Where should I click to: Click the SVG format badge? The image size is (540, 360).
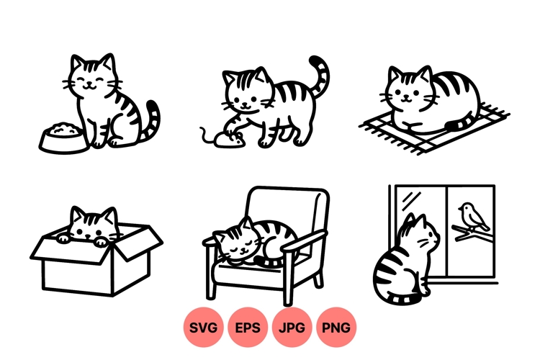(204, 328)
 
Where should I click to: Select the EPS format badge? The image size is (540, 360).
(248, 328)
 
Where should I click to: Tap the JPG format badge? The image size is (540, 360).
(292, 328)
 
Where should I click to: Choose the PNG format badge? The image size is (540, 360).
(336, 328)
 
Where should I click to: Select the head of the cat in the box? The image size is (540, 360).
(91, 225)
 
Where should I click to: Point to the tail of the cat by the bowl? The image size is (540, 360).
(151, 122)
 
